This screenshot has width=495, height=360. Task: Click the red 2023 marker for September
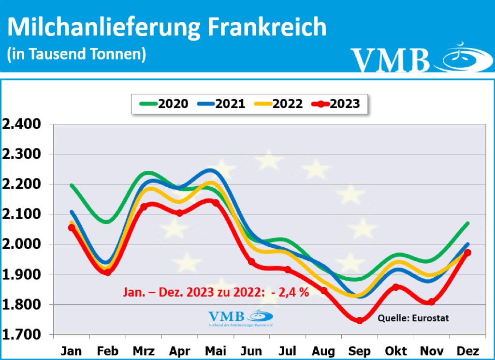[x=359, y=320]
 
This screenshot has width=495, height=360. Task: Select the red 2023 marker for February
[x=108, y=272]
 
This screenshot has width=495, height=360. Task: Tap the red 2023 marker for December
[x=467, y=253]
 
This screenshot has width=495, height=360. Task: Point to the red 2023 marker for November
[x=431, y=302]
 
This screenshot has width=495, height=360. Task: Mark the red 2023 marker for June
[x=251, y=262]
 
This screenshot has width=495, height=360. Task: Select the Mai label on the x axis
[x=216, y=351]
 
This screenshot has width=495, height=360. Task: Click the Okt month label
[x=396, y=351]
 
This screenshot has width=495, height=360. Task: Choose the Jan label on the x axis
[x=72, y=351]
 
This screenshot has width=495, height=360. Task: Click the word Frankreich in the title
[x=267, y=28]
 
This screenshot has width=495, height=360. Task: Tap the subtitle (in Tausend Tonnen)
[x=77, y=54]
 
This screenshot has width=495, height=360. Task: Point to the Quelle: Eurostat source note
[x=413, y=318]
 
